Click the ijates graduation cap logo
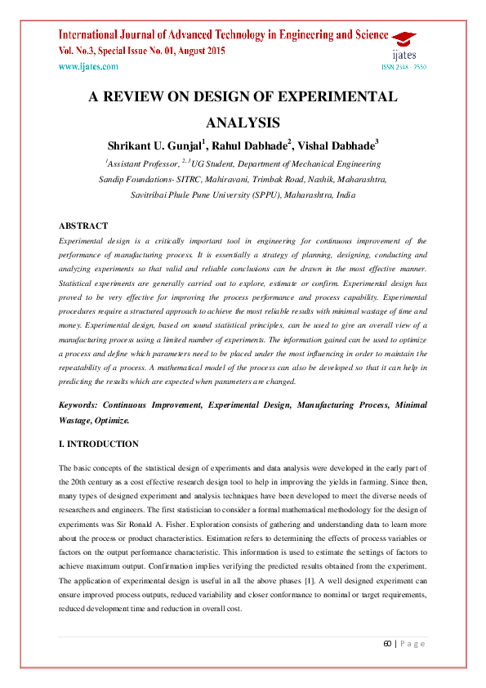click(402, 39)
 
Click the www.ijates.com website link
click(88, 66)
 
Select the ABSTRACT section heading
click(83, 226)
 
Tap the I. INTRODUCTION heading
click(99, 444)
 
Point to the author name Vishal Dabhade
click(338, 145)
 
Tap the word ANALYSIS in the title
click(243, 123)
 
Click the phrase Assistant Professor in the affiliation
click(143, 163)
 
